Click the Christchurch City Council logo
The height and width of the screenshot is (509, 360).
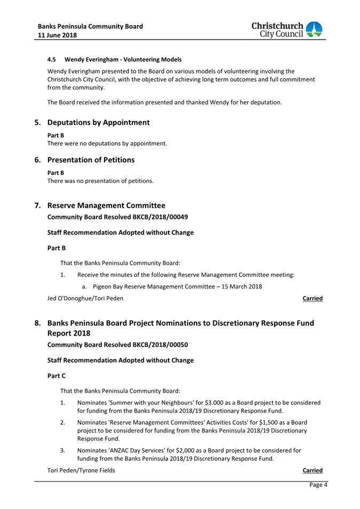click(286, 30)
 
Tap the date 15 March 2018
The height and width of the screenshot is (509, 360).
click(237, 287)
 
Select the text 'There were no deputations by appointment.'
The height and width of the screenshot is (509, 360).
click(107, 144)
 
